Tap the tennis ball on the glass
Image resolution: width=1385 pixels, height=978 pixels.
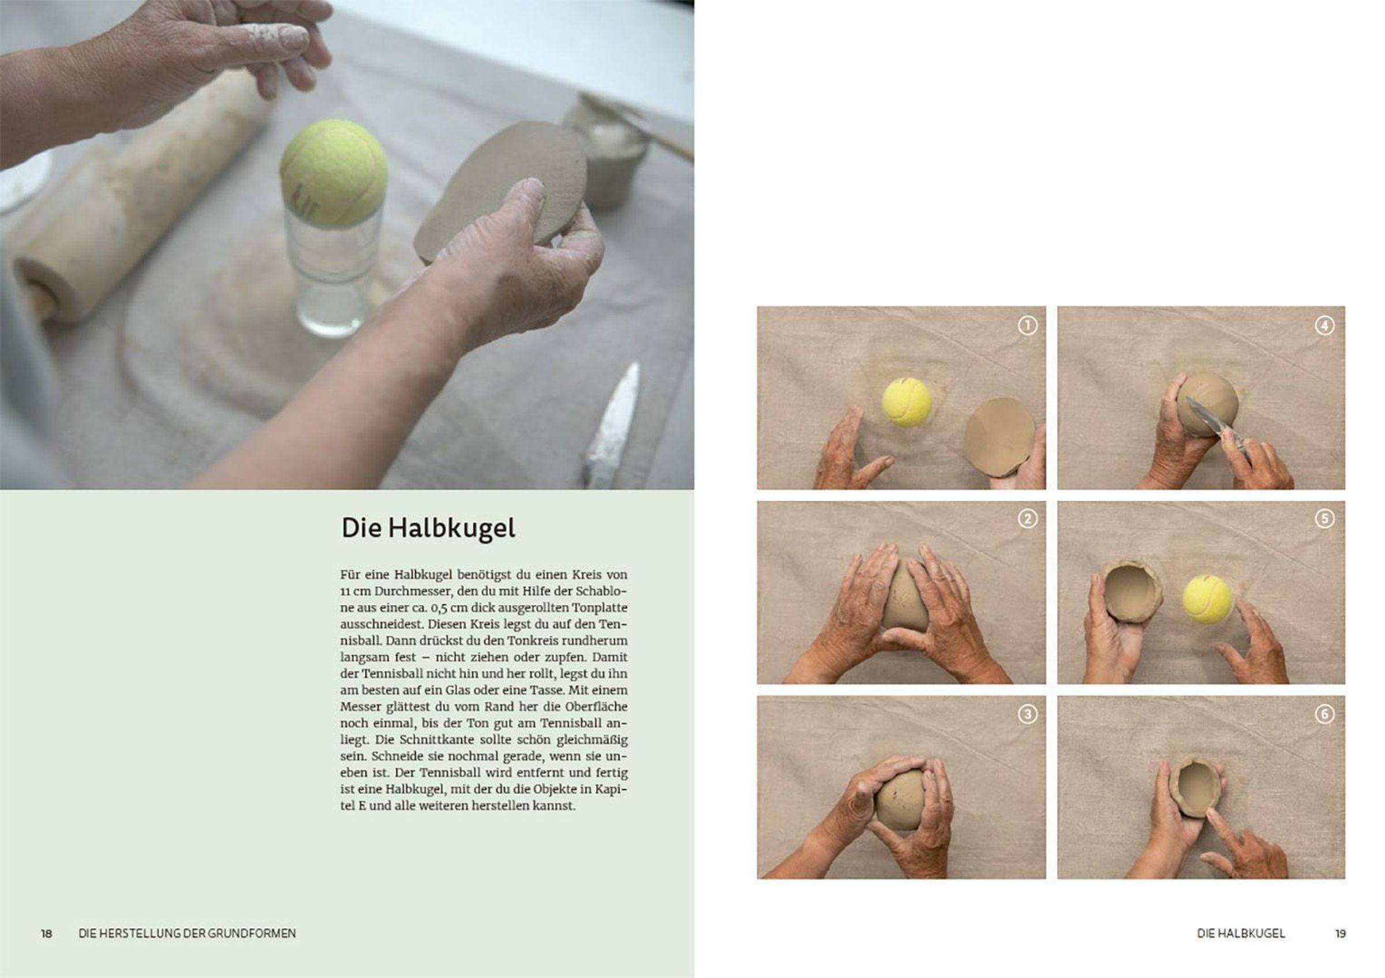tap(334, 172)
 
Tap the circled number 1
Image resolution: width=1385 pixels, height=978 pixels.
tap(1027, 325)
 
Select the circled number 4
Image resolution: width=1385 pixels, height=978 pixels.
tap(1324, 325)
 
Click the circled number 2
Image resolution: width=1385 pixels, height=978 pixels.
tap(1027, 519)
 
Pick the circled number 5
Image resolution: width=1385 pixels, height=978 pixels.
tap(1324, 519)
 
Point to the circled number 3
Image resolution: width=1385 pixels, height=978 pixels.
tap(1027, 714)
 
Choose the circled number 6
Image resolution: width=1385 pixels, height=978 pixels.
tap(1324, 714)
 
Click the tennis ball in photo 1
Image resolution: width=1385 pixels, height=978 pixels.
tap(907, 402)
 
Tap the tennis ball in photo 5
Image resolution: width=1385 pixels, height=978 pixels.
tap(1207, 599)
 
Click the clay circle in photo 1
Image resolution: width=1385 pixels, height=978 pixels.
tap(998, 437)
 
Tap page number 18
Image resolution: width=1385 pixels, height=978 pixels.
tap(46, 934)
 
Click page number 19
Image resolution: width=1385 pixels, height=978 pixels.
tap(1340, 934)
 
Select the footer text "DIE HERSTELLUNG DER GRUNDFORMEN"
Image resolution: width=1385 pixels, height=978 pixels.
tap(187, 934)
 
